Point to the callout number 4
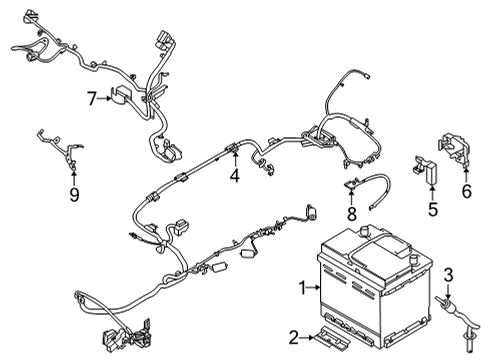(234, 177)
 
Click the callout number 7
(90, 98)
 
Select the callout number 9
(71, 193)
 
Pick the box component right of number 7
(125, 97)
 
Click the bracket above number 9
(62, 150)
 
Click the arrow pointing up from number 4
(234, 160)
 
